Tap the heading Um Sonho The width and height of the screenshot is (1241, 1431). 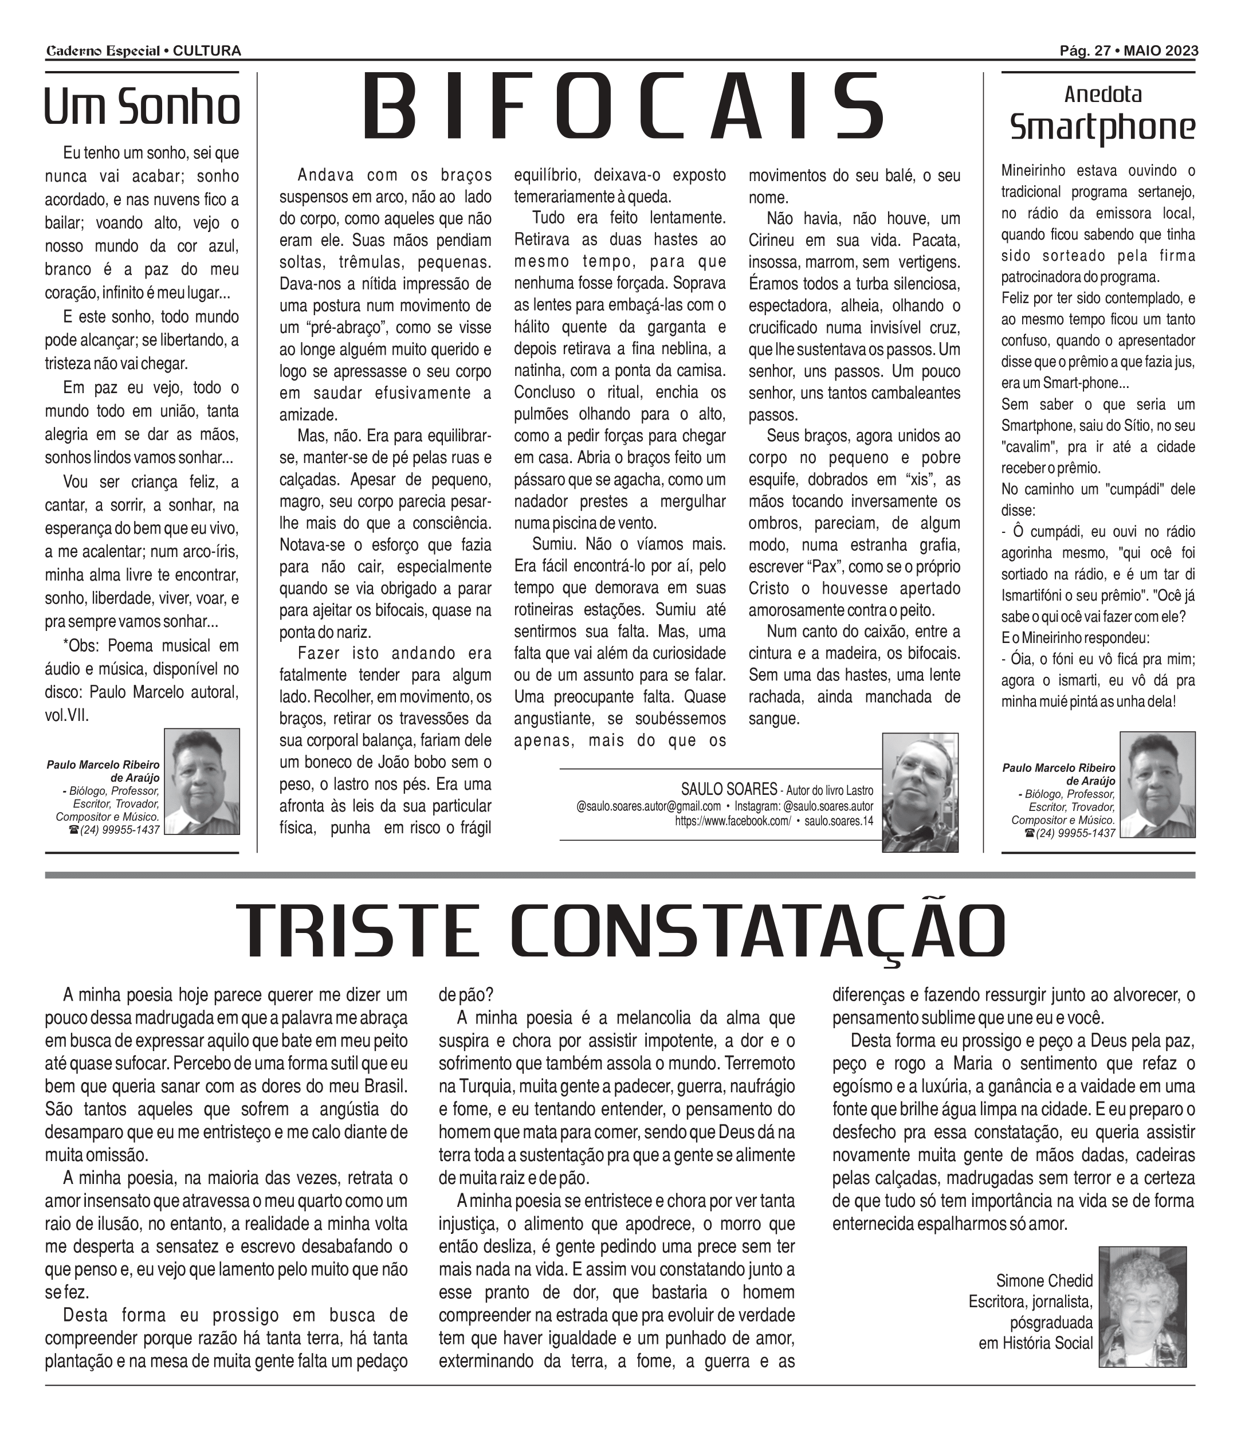pos(142,107)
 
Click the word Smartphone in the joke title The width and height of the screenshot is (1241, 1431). pos(1102,127)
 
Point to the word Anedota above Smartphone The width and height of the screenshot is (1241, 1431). pos(1102,94)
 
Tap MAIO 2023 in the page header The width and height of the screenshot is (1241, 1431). pos(1161,51)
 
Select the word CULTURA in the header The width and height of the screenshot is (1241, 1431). pos(207,51)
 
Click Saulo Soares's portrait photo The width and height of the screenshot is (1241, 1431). pos(920,791)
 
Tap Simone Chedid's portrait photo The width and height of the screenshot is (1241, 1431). pos(1142,1308)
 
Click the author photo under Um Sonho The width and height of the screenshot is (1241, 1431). pos(202,781)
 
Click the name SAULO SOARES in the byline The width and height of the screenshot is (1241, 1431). pos(729,790)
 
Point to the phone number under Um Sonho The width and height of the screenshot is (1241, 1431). pos(120,830)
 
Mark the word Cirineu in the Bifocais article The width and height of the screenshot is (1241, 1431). pos(773,241)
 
